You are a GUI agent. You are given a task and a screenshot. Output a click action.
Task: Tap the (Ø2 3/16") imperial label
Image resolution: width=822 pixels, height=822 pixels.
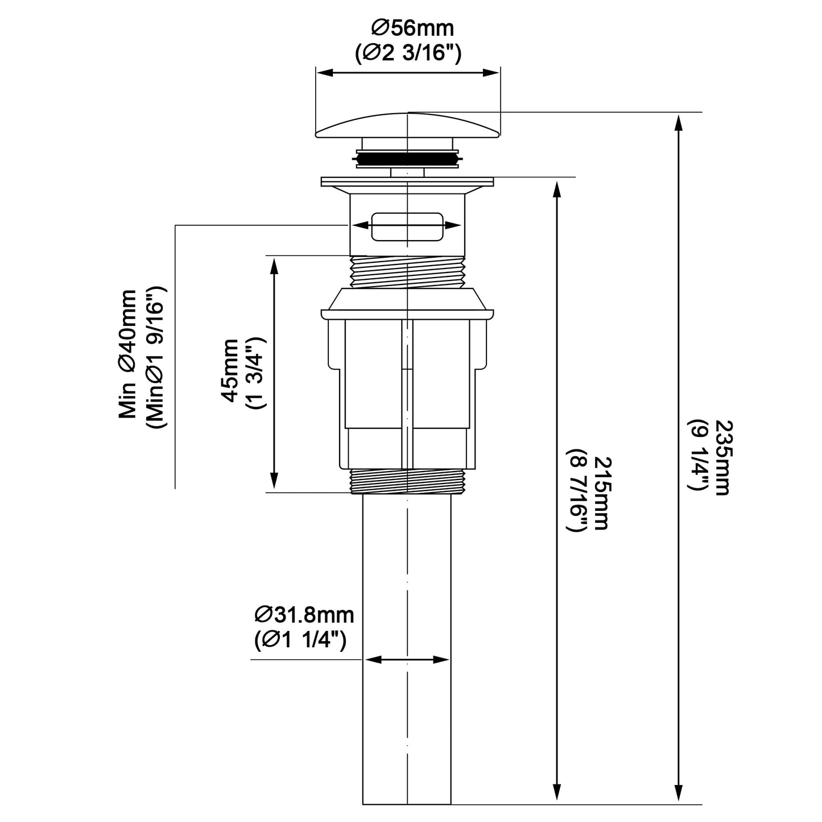pos(408,54)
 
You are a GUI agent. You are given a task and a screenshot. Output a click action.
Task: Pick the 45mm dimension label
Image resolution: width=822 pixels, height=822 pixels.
pos(231,371)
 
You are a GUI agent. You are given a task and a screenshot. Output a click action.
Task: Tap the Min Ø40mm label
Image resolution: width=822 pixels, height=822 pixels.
pos(127,354)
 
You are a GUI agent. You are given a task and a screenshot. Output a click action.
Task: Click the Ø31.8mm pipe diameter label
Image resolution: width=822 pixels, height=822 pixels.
pos(304,615)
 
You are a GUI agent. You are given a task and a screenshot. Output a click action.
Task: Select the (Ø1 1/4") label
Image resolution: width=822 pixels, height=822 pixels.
pos(300,641)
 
